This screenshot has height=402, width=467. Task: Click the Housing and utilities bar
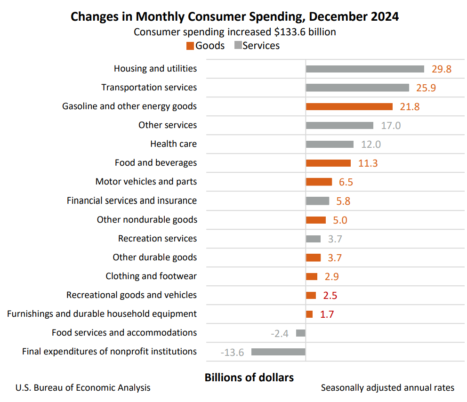coord(365,69)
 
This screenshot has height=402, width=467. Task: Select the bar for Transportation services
coord(357,88)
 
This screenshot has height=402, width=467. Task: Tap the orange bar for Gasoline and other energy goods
coord(349,106)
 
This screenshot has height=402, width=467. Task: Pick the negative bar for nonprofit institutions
coord(278,352)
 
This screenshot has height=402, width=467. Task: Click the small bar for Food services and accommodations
coord(300,333)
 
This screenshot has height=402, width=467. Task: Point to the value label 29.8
coord(441,69)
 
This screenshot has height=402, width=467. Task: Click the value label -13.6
coord(232,352)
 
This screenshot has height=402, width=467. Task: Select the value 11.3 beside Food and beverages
coord(368,163)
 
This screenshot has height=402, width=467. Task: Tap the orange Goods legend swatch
coord(190,46)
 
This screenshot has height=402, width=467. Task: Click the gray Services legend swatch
coord(238,46)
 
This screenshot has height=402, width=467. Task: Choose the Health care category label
coord(173,144)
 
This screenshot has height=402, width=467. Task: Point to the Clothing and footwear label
coord(151,276)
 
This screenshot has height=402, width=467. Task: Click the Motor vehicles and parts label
coord(146,182)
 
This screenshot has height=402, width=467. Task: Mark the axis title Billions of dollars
coord(249,378)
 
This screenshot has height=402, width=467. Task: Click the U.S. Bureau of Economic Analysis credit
coord(83,388)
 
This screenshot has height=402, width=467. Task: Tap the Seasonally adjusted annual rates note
coord(387,388)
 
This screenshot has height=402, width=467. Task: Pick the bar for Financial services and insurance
coord(317,201)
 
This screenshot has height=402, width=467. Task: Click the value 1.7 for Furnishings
coord(327,314)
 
